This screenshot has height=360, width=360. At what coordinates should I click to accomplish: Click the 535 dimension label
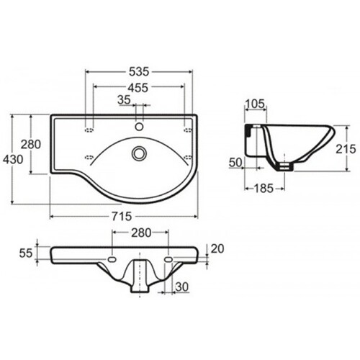[139, 71]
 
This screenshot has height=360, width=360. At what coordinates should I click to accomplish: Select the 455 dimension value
[138, 88]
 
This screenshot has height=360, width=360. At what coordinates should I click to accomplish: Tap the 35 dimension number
[124, 100]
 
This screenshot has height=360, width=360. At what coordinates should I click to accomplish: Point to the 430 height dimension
[13, 159]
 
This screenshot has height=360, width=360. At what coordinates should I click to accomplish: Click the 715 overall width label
[122, 217]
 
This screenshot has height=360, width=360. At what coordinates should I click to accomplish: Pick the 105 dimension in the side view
[255, 104]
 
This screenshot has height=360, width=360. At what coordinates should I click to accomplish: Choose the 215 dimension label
[346, 149]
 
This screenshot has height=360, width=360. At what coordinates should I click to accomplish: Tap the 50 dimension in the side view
[235, 163]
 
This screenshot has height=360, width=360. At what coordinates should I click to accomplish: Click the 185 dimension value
[264, 189]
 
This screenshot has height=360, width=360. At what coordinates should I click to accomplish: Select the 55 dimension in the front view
[26, 253]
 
